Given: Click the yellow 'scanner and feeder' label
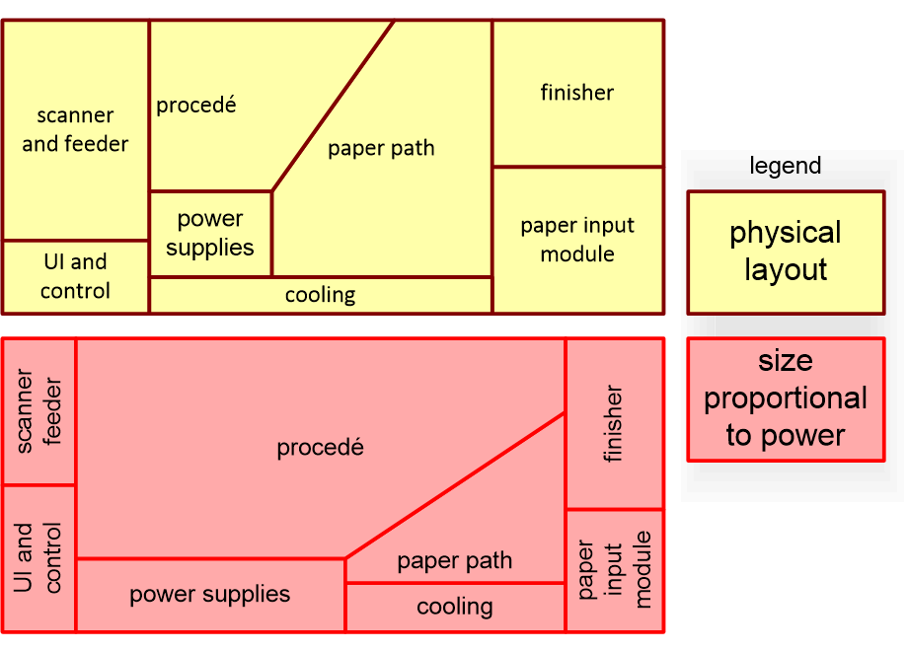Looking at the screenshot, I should [x=75, y=130].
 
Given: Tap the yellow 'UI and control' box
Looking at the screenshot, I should [x=76, y=276].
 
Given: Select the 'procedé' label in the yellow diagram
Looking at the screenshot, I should [x=196, y=105].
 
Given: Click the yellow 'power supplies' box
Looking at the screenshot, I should [x=210, y=234].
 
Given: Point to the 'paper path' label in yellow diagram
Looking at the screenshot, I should [x=381, y=149].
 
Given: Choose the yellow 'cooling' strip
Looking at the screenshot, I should [x=320, y=295].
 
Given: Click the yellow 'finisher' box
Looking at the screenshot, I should [x=577, y=93].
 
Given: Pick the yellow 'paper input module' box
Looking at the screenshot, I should [x=577, y=240].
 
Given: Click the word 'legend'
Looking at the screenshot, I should [x=786, y=166].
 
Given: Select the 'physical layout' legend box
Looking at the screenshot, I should [x=786, y=252].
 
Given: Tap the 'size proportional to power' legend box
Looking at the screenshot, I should [x=786, y=398].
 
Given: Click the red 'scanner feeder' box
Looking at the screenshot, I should [x=39, y=411].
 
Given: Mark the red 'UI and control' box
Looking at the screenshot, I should [x=39, y=557].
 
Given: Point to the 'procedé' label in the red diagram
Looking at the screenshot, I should [x=320, y=448].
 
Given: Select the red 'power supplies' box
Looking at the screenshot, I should [x=210, y=595].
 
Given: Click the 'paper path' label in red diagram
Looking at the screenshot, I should [x=454, y=561].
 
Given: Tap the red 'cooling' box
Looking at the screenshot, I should [x=454, y=607].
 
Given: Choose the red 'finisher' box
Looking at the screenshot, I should [x=614, y=424].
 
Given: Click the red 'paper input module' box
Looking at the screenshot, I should [x=614, y=570].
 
